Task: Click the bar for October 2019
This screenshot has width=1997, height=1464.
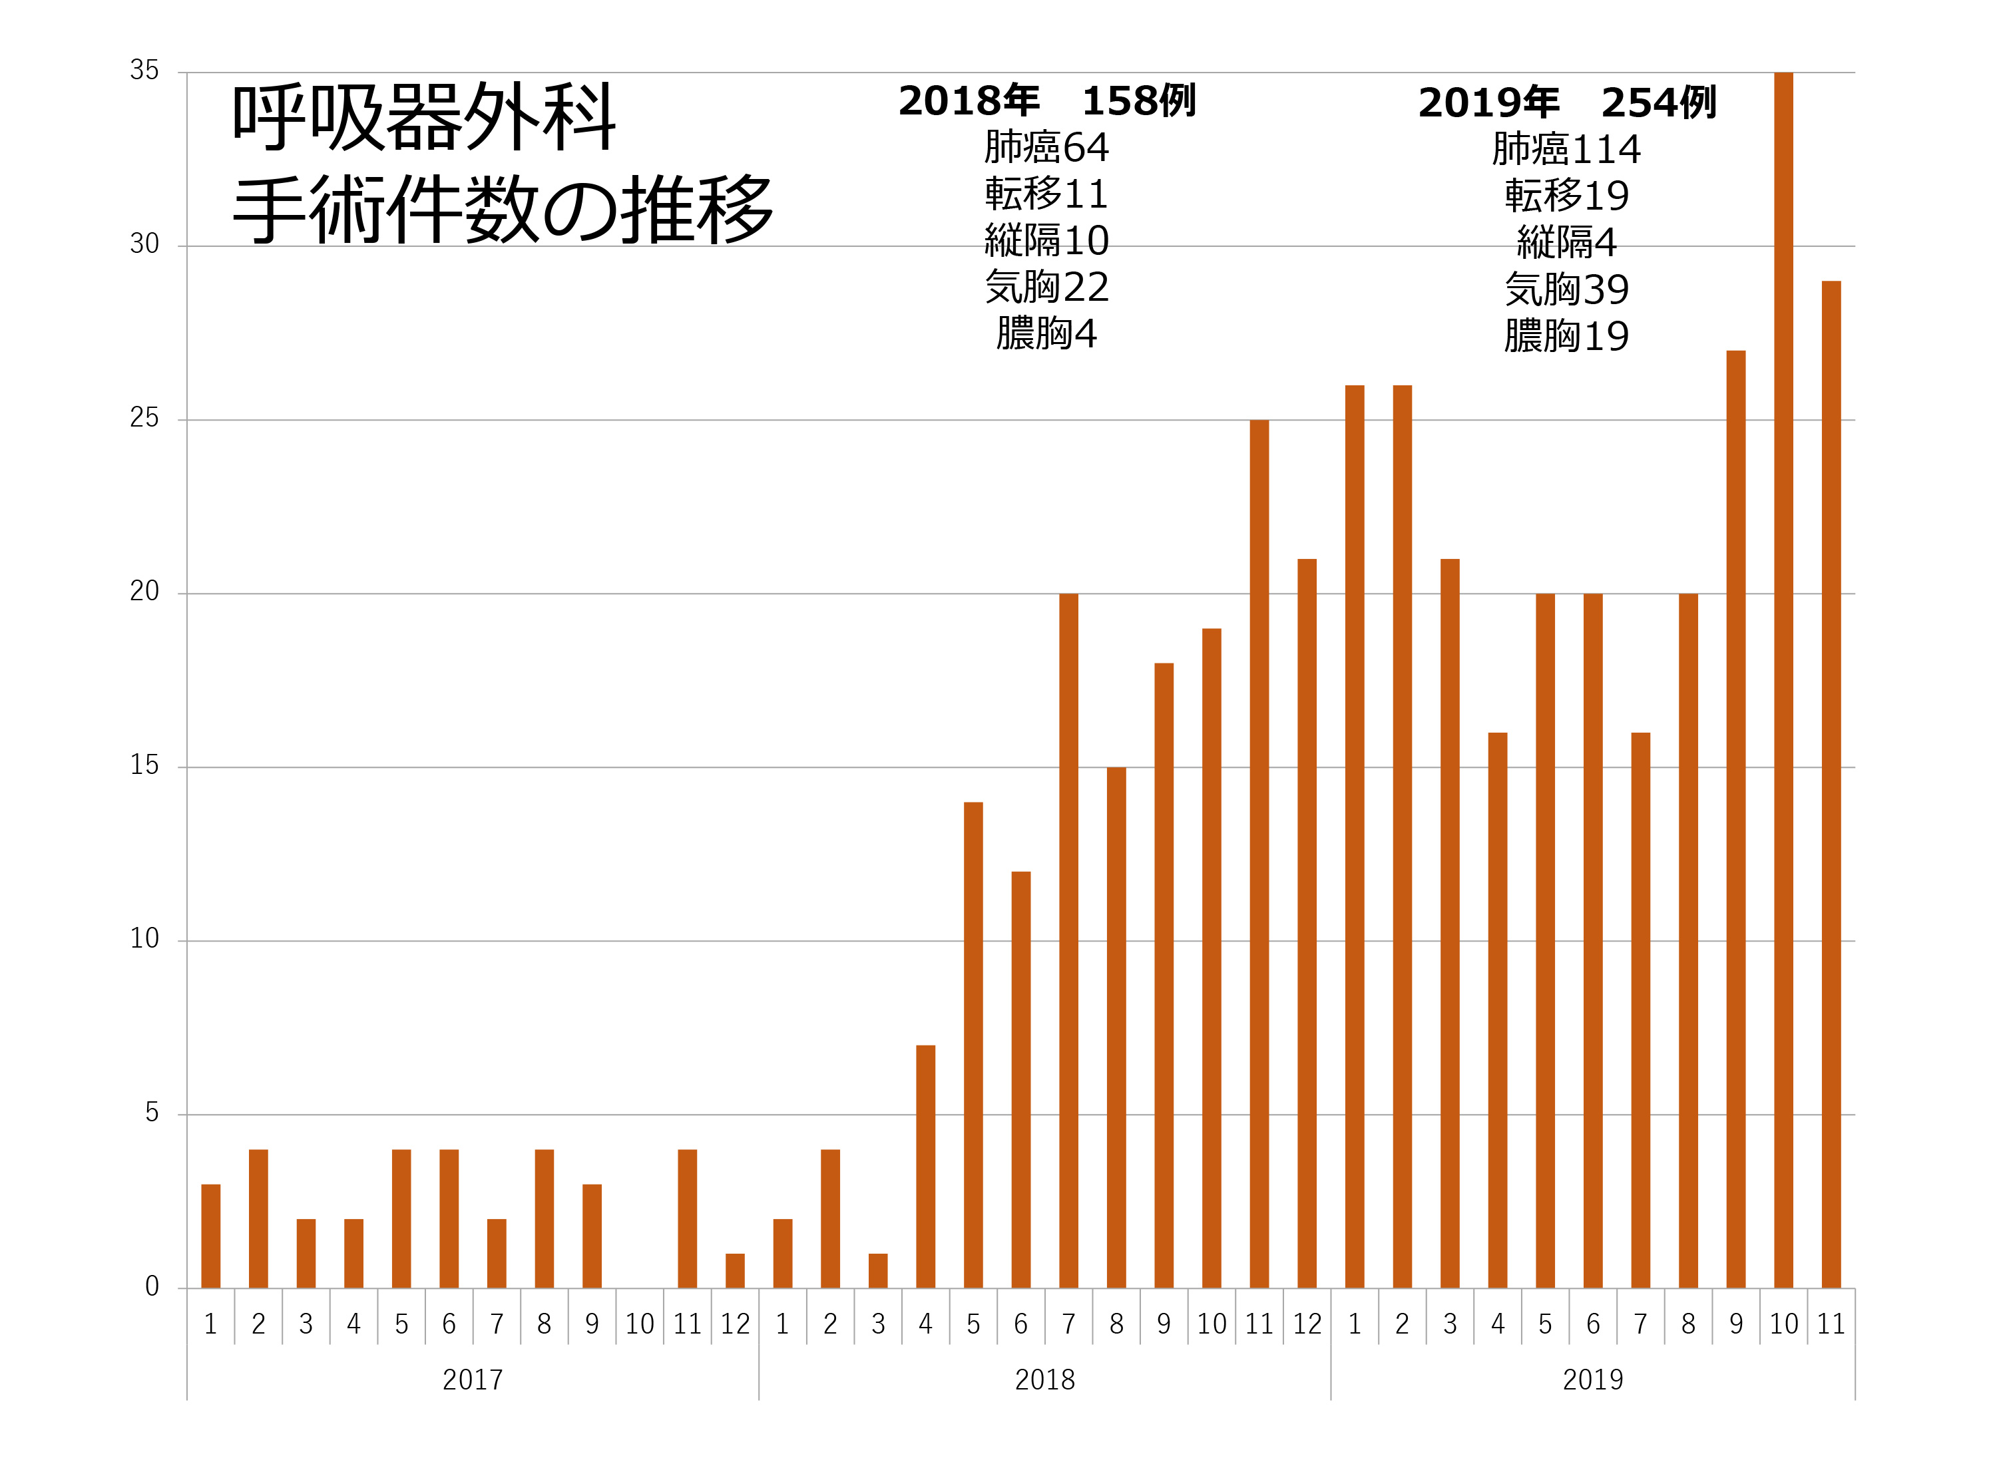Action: coord(1783,681)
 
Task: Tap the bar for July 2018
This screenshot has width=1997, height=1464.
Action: coord(1068,940)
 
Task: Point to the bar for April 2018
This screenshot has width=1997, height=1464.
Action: coord(925,1167)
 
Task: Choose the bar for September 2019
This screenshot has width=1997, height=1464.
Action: coord(1735,819)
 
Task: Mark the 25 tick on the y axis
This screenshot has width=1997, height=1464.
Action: coord(144,419)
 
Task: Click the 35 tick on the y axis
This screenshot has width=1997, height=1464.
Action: coord(144,71)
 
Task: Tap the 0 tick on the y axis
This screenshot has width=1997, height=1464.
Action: coord(152,1287)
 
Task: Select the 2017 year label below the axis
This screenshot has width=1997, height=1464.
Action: coord(473,1379)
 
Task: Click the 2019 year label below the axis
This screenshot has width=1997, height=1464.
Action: coord(1593,1379)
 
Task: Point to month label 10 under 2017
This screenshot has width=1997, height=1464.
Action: coord(639,1324)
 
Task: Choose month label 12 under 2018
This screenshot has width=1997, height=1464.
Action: coord(1307,1324)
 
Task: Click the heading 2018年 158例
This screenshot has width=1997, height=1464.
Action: coord(1047,101)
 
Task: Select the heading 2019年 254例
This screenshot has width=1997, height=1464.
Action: coord(1566,102)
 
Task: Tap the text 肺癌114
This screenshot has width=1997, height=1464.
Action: coord(1566,149)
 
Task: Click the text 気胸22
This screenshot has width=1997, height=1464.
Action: coord(1047,287)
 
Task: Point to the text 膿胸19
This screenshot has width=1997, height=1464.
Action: coord(1566,337)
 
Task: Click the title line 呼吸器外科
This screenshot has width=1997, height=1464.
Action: coord(423,117)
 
